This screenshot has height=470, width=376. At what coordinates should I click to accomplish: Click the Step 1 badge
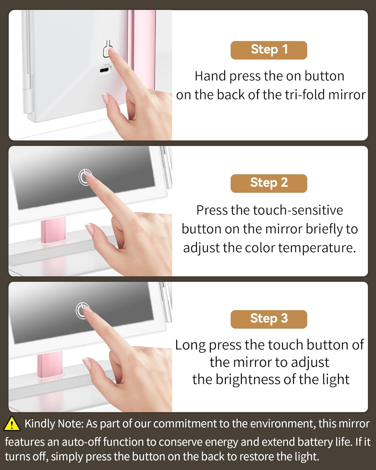pyautogui.click(x=269, y=50)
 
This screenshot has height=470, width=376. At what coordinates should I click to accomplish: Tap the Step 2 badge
pyautogui.click(x=269, y=183)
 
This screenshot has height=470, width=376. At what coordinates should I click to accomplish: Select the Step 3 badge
pyautogui.click(x=269, y=319)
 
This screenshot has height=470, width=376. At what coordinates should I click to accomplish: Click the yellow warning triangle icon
pyautogui.click(x=12, y=424)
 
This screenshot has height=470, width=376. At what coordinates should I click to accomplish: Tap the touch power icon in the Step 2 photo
pyautogui.click(x=84, y=178)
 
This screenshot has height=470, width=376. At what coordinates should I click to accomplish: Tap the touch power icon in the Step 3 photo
pyautogui.click(x=82, y=311)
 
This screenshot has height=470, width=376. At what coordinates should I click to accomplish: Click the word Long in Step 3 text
pyautogui.click(x=190, y=345)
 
